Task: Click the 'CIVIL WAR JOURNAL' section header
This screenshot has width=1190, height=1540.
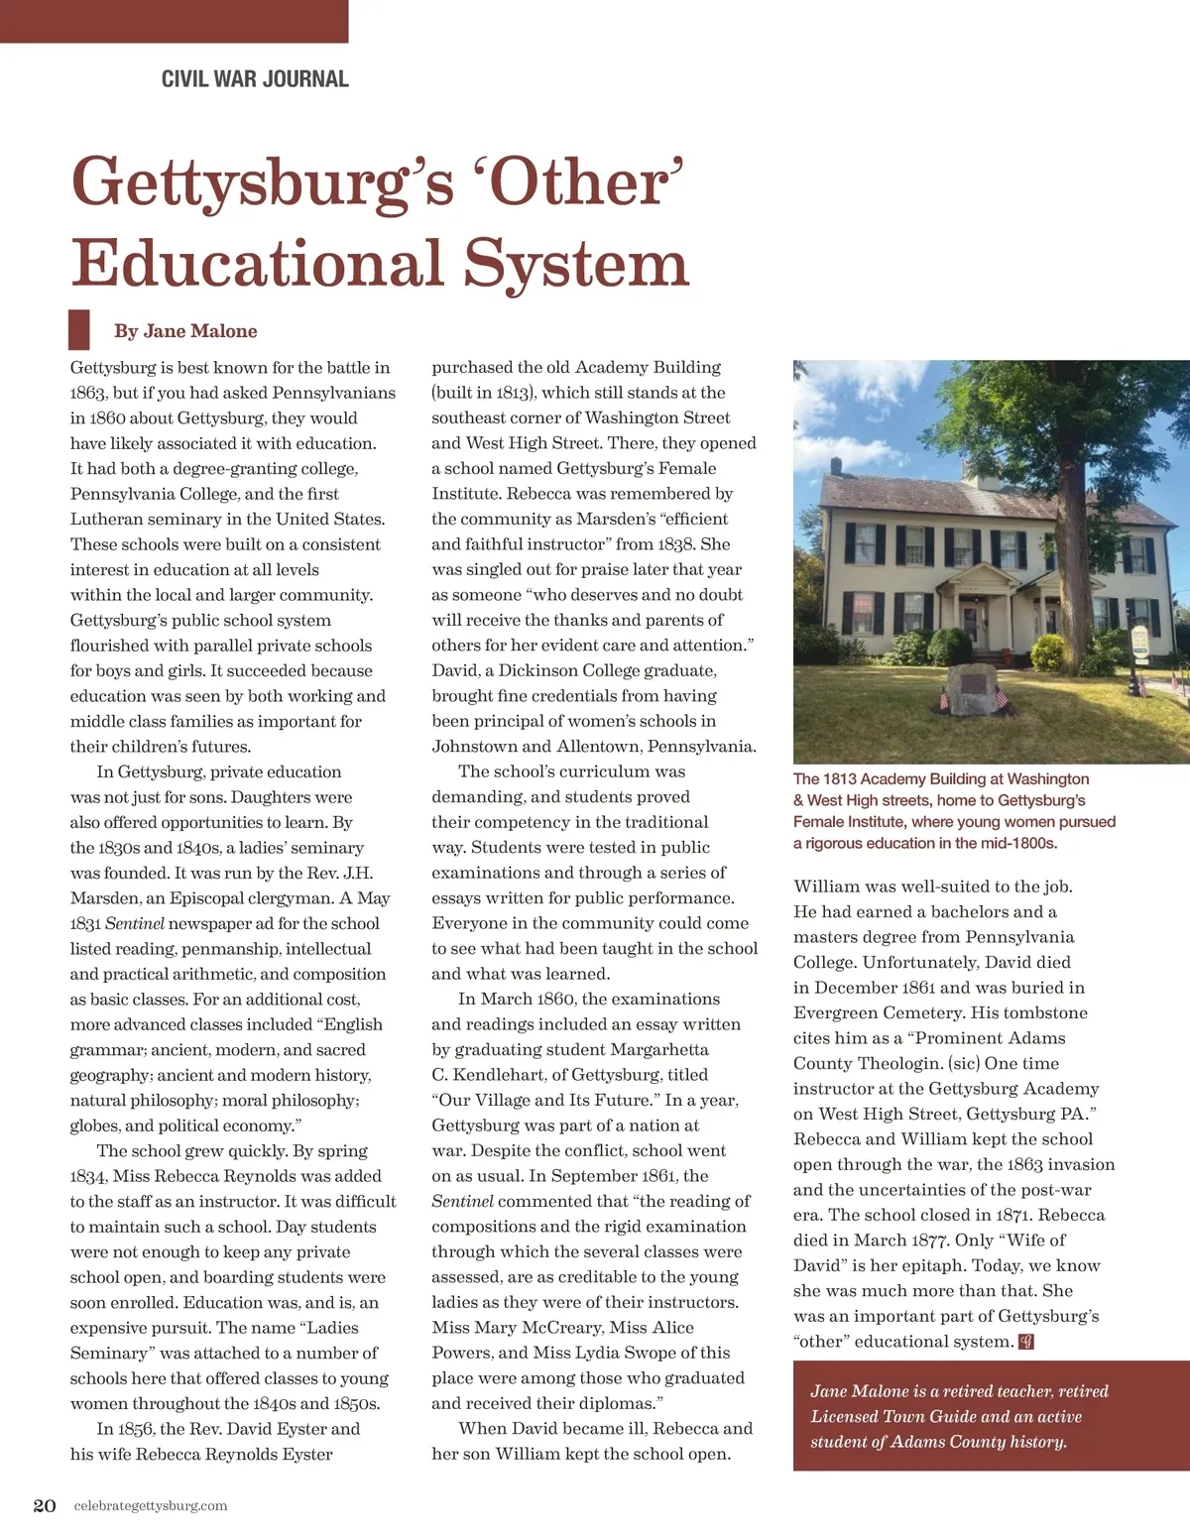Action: [255, 79]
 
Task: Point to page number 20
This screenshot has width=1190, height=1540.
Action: [45, 1505]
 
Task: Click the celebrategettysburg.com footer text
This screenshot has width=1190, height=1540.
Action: [151, 1505]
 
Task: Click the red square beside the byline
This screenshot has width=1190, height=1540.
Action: [78, 329]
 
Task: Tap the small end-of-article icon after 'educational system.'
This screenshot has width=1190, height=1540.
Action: [1026, 1342]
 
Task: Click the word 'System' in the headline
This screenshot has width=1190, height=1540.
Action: [576, 265]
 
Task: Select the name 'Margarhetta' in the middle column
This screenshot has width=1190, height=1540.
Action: [659, 1049]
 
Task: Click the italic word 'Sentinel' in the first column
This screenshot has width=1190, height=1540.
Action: [135, 923]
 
